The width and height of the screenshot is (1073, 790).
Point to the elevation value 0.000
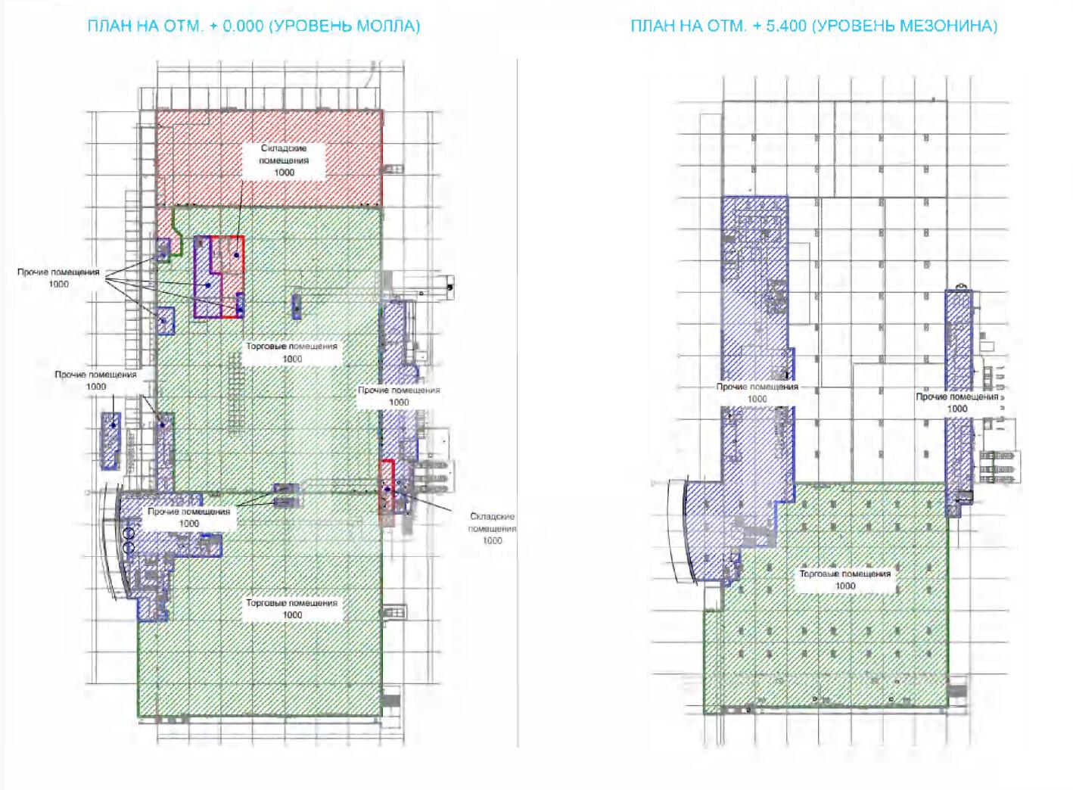[244, 26]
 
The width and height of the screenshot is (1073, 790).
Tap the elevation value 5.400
[786, 26]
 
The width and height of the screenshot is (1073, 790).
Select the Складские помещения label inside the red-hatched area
[284, 154]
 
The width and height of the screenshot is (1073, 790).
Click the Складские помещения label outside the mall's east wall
[493, 522]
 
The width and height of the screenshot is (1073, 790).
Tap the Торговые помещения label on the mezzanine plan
[845, 574]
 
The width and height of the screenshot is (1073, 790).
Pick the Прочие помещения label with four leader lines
[58, 272]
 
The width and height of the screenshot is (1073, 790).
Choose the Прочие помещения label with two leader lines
[188, 512]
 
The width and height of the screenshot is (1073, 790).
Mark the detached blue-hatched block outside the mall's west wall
[110, 440]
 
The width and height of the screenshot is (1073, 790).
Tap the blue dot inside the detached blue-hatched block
[114, 425]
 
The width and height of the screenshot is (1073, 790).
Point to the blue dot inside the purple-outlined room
[208, 285]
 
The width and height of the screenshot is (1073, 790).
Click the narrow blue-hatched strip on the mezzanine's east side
[959, 403]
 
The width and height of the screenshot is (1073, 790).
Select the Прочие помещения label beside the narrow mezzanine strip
[957, 397]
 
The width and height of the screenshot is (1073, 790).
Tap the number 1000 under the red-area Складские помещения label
[284, 173]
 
